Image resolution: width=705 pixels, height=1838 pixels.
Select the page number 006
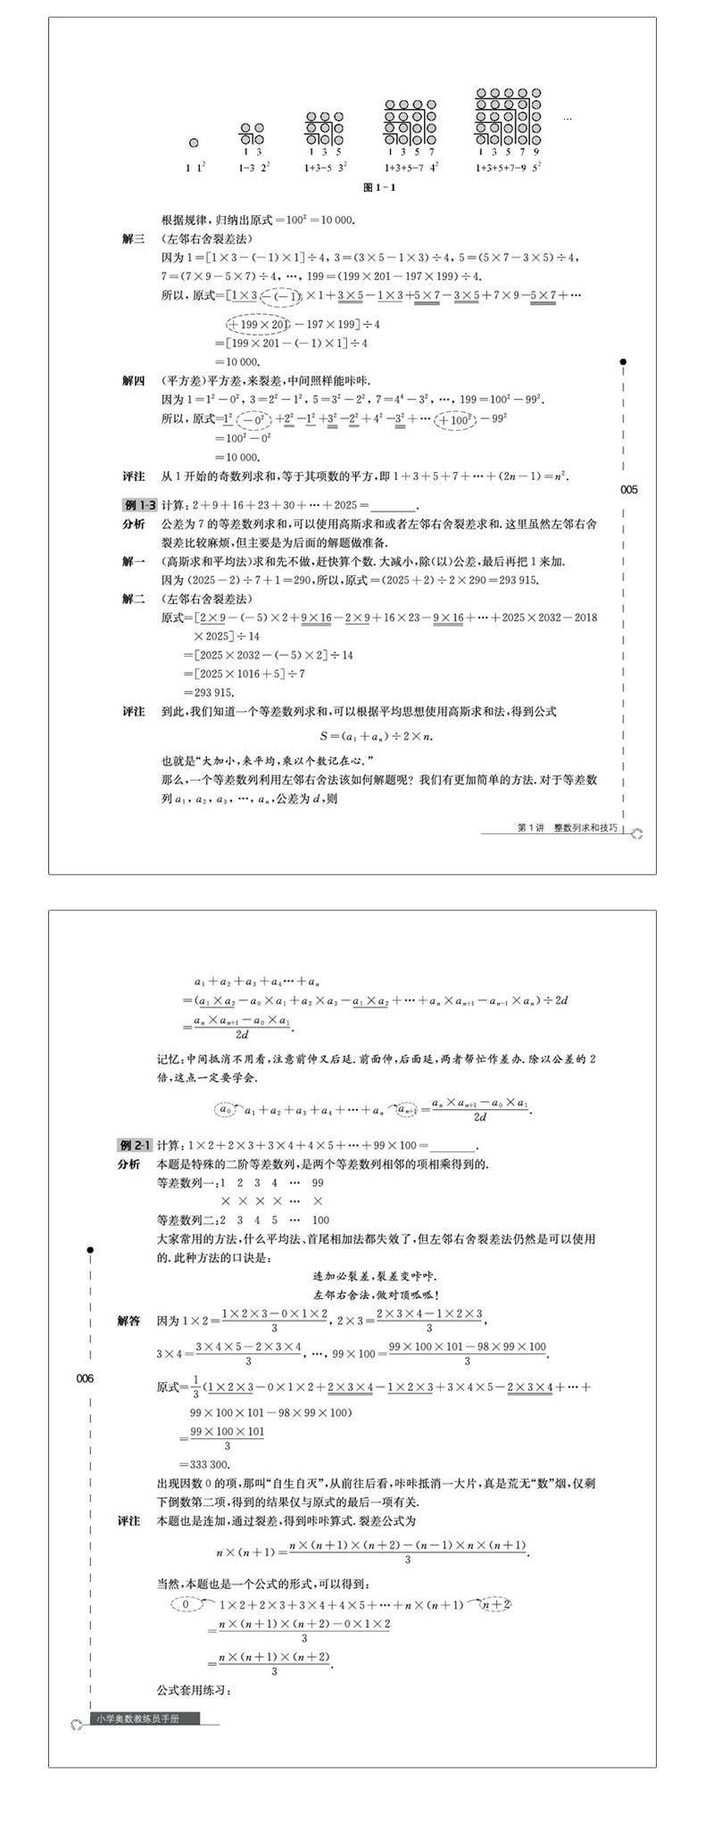(85, 1378)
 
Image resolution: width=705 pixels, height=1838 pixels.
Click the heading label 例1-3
(139, 505)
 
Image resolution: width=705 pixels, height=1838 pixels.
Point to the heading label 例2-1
(136, 1145)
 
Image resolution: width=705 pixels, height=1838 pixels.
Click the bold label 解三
(133, 238)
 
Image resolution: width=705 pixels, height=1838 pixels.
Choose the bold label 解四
(133, 380)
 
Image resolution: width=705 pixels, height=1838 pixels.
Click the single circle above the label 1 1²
(194, 143)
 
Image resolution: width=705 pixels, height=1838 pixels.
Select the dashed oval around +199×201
(260, 323)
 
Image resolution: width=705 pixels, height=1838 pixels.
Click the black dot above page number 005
(623, 361)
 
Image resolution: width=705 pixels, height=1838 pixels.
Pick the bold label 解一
(133, 561)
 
